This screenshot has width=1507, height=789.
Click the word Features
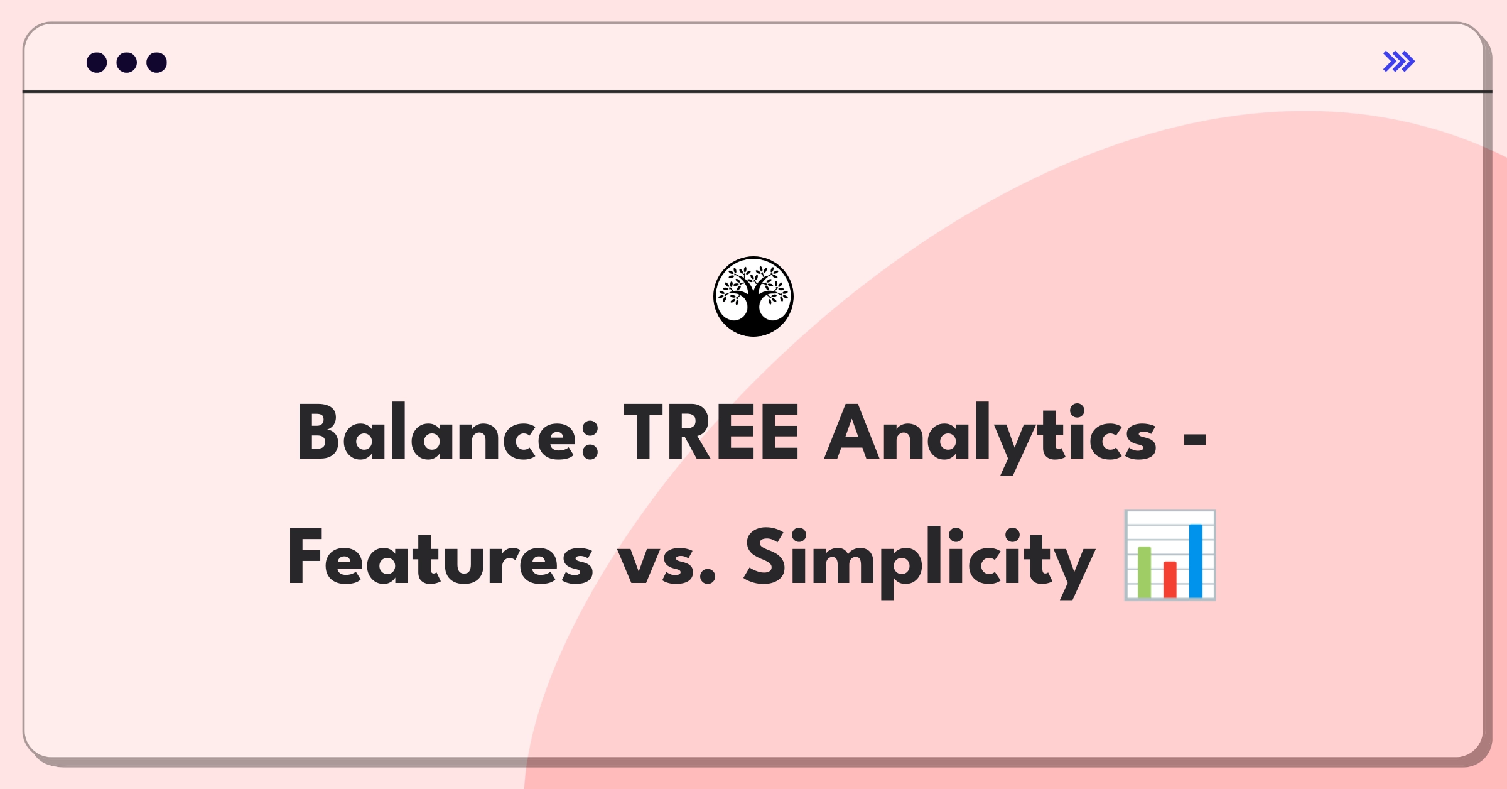click(440, 557)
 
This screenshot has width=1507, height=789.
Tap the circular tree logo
click(753, 297)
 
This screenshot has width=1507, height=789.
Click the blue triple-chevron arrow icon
click(1398, 62)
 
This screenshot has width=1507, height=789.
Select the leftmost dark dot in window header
click(97, 63)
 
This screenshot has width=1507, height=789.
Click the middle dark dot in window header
click(127, 63)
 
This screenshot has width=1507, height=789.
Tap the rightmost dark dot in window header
click(157, 63)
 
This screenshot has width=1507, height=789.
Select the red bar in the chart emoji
click(1170, 579)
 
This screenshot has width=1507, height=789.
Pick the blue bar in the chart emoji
click(1196, 560)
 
